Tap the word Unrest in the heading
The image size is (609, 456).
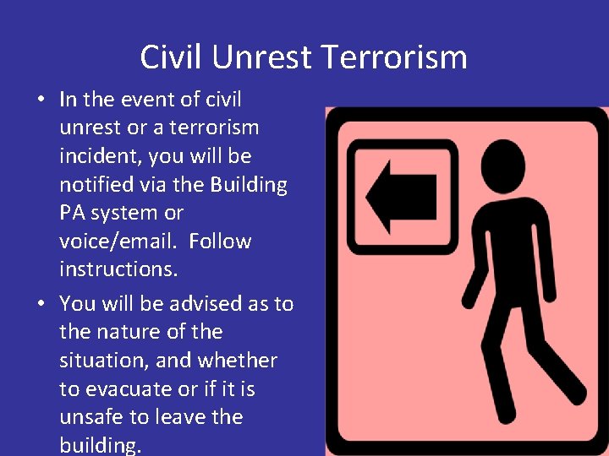(x=264, y=57)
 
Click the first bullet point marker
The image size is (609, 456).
(x=41, y=100)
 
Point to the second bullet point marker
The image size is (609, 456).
(x=41, y=304)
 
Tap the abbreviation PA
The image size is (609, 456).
(x=73, y=214)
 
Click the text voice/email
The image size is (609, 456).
(x=118, y=242)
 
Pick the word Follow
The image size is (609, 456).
(x=220, y=242)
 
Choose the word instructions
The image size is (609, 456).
(x=112, y=270)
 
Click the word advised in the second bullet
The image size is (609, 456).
(x=206, y=304)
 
